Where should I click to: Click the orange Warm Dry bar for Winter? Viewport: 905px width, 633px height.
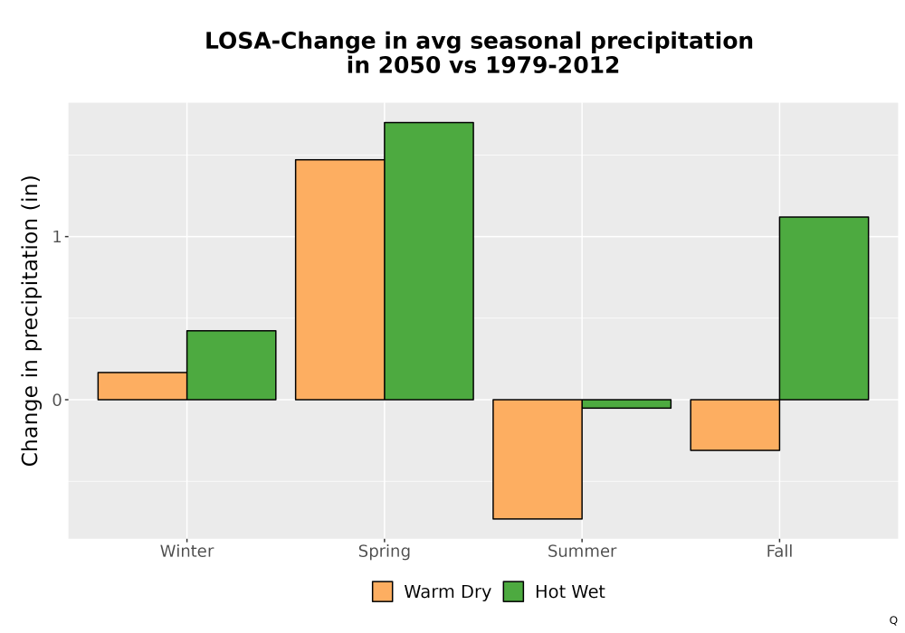pyautogui.click(x=143, y=386)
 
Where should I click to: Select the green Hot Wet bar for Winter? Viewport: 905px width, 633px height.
pyautogui.click(x=232, y=365)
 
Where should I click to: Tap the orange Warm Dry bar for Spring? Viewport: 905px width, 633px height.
pyautogui.click(x=340, y=279)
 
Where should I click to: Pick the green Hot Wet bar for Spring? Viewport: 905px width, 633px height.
pyautogui.click(x=429, y=260)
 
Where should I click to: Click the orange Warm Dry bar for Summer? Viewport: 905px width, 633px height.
pyautogui.click(x=538, y=458)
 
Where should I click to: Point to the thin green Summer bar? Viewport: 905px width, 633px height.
pyautogui.click(x=626, y=403)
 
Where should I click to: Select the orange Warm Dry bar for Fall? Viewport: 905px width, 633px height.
pyautogui.click(x=735, y=425)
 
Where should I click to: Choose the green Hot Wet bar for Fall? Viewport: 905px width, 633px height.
pyautogui.click(x=824, y=307)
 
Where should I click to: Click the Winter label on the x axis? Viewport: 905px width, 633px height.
pyautogui.click(x=187, y=551)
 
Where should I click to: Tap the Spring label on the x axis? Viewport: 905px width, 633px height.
pyautogui.click(x=385, y=552)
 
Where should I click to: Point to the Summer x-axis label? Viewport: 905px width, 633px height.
pyautogui.click(x=582, y=551)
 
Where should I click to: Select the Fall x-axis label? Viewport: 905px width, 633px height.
pyautogui.click(x=779, y=551)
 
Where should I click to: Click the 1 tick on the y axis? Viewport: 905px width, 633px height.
pyautogui.click(x=56, y=236)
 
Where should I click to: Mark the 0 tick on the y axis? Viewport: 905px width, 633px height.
pyautogui.click(x=56, y=400)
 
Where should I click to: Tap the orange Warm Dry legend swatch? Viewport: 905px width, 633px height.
pyautogui.click(x=382, y=591)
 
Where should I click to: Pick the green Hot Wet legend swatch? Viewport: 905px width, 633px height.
pyautogui.click(x=513, y=591)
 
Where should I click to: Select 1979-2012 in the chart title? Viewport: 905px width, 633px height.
pyautogui.click(x=552, y=65)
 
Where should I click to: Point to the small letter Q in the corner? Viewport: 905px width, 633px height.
pyautogui.click(x=893, y=620)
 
